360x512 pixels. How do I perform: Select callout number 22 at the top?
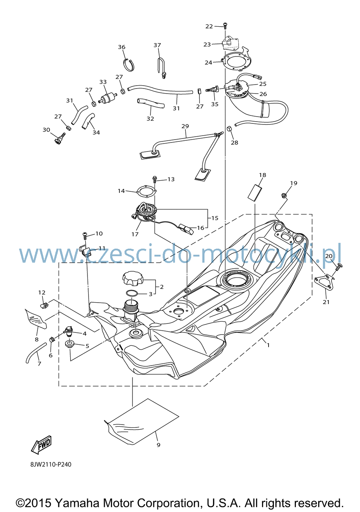click(209, 27)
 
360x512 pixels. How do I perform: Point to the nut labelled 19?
click(284, 196)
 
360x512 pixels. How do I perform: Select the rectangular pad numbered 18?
click(255, 193)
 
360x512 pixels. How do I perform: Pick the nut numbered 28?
click(230, 129)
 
